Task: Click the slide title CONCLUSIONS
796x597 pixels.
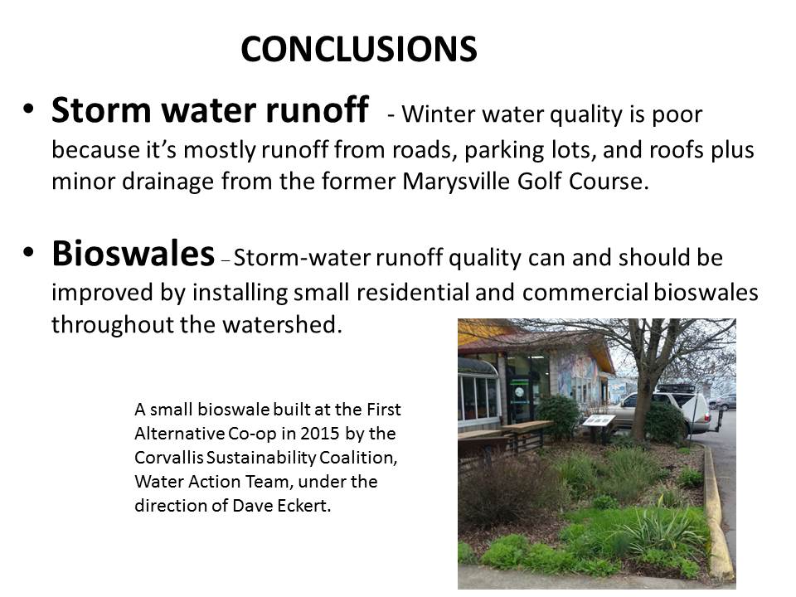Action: pos(359,49)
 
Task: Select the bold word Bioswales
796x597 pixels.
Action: pos(133,253)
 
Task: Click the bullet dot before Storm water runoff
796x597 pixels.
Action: pos(28,109)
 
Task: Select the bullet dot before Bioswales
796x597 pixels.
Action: pos(28,252)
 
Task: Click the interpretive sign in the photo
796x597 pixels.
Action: pos(599,420)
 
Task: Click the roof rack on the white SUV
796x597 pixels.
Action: pos(676,389)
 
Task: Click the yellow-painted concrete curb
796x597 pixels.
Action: pos(717,512)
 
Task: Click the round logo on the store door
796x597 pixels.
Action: pos(517,392)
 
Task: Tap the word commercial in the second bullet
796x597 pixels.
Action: pos(585,293)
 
